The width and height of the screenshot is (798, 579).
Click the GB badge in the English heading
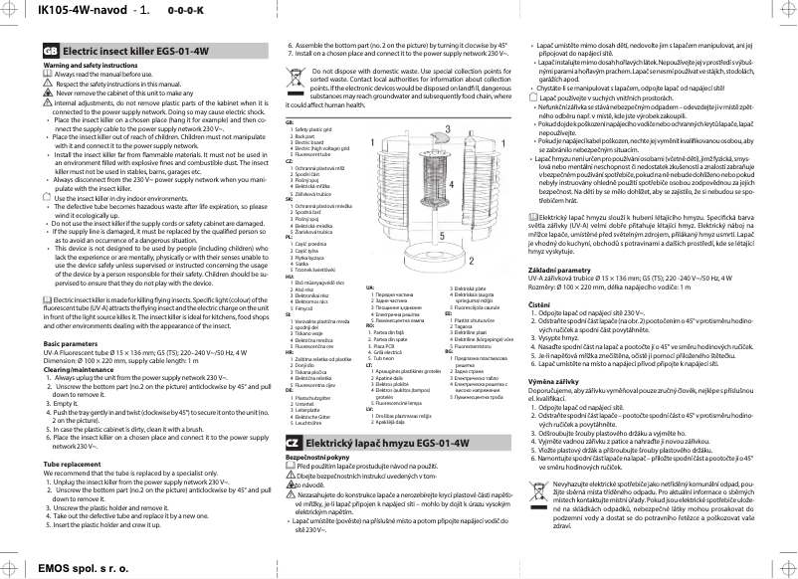click(x=50, y=51)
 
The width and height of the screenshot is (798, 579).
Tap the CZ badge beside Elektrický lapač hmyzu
click(x=295, y=441)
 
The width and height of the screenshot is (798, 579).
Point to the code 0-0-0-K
click(x=158, y=12)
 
